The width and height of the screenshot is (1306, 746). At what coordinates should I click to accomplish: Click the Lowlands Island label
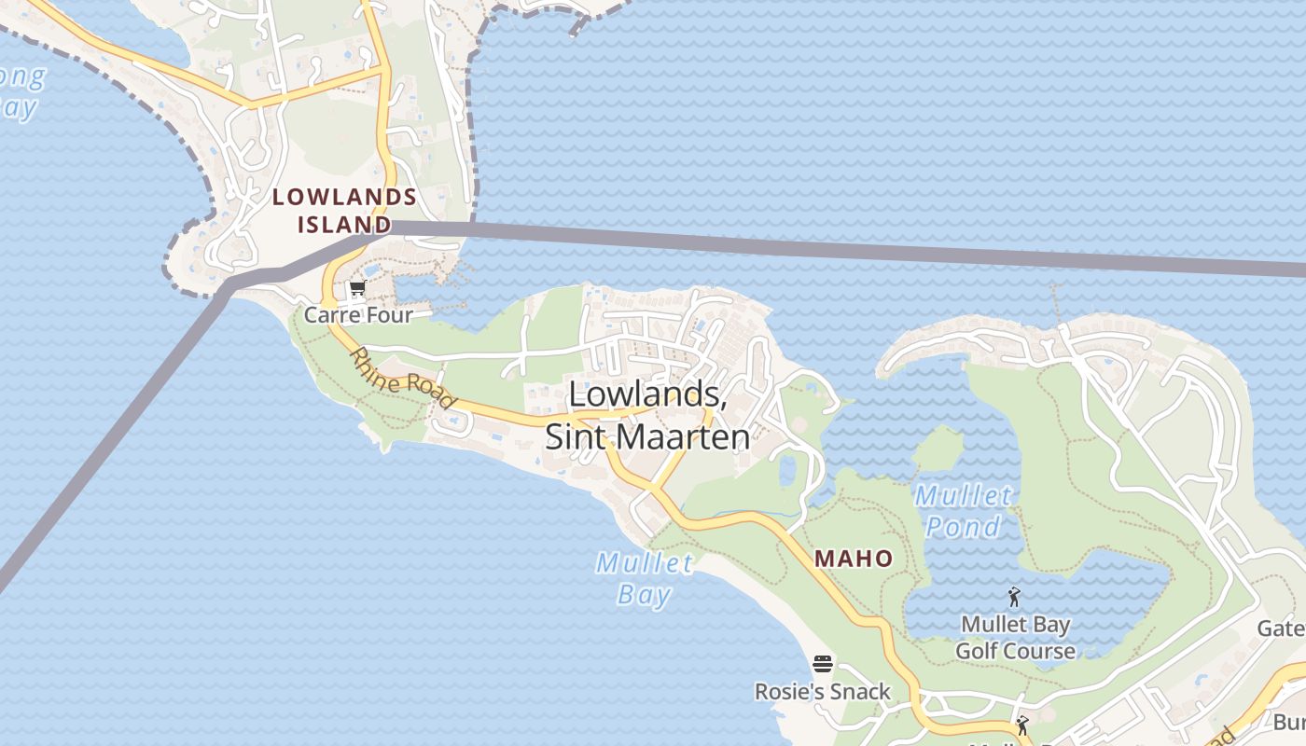point(344,210)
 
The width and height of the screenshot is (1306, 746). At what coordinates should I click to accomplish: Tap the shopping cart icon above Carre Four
point(356,290)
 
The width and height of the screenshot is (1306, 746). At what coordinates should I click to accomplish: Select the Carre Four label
point(358,315)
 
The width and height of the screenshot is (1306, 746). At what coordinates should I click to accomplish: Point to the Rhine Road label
point(403,379)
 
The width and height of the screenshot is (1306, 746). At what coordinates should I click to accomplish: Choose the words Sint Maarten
point(647,436)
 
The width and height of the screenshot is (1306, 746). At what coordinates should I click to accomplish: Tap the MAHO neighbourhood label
point(854,559)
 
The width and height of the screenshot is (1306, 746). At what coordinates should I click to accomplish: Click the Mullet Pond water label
point(963,511)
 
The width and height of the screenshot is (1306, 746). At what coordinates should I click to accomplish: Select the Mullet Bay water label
point(645,578)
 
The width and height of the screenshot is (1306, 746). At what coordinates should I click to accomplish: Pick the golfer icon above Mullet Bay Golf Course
point(1014,596)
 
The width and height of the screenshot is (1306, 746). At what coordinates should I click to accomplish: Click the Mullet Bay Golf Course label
point(1015,638)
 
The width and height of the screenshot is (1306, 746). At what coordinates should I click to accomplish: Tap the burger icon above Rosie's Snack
point(822,664)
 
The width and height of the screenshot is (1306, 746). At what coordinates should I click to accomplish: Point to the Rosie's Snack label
point(823,692)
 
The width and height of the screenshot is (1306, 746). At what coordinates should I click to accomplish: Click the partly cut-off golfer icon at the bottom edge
point(1023,725)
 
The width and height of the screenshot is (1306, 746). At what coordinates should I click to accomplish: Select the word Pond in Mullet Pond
point(963,527)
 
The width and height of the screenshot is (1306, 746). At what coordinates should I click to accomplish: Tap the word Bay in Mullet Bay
point(645,594)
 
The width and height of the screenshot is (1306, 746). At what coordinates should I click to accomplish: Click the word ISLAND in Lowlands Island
point(344,225)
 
